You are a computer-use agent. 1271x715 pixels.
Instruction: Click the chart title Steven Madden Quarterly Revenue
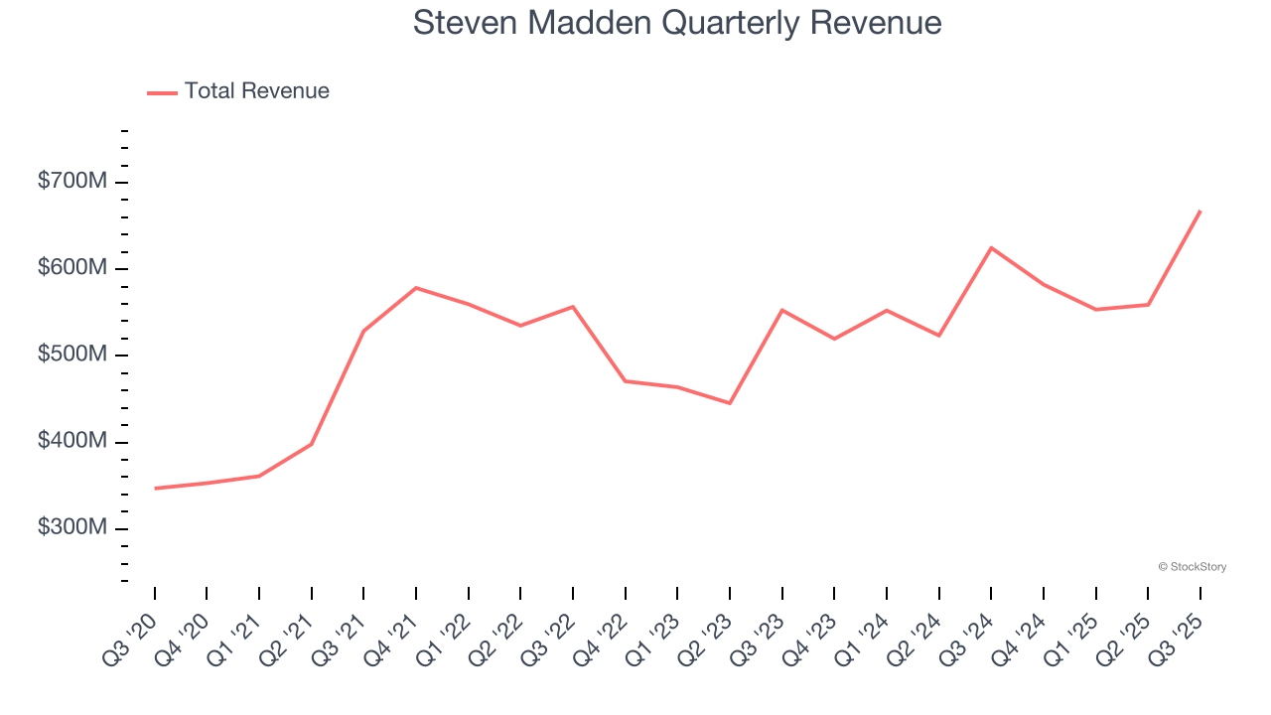[677, 23]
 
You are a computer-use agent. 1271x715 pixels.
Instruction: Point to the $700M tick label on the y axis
[72, 182]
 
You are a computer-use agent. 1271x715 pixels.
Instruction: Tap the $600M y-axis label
[72, 268]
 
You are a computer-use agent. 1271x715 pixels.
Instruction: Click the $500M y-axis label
[72, 355]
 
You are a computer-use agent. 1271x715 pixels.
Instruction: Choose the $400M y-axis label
[72, 441]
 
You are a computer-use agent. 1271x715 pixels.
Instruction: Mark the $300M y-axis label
[72, 527]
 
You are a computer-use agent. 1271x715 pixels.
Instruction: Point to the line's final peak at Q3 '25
[1200, 211]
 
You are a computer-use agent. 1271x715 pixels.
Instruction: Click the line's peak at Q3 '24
[991, 247]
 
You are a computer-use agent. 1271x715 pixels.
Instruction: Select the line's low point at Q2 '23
[730, 403]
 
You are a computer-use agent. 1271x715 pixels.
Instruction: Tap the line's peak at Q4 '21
[416, 287]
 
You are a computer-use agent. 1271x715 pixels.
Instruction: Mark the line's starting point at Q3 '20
[155, 489]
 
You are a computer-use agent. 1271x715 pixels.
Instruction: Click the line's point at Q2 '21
[312, 444]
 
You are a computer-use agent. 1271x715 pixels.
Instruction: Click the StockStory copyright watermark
[1192, 567]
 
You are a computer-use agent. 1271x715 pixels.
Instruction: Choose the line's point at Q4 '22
[626, 381]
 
